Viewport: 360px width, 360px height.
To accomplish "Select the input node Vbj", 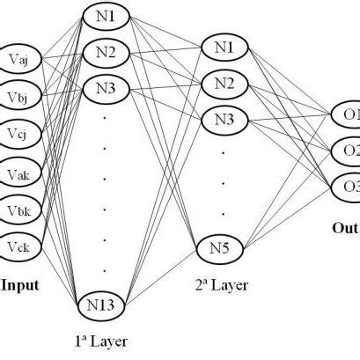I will point(20,94).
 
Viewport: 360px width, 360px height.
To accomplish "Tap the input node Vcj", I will point(20,132).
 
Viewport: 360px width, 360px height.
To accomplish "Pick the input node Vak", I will point(20,171).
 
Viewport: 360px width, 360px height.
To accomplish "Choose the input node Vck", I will point(20,246).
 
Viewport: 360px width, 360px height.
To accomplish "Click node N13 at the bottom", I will point(105,305).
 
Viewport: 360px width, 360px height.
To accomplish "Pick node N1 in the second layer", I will point(225,47).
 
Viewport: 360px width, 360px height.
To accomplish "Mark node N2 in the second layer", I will point(225,84).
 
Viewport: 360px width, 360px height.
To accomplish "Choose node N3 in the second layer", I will point(225,119).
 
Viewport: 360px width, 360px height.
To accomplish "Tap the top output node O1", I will point(347,114).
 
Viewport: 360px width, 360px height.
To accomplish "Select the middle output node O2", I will point(347,151).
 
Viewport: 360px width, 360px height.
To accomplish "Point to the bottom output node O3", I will point(347,187).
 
